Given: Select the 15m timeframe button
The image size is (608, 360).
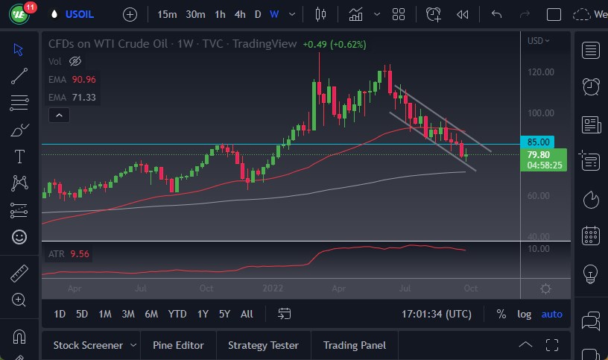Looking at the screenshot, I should [x=167, y=14].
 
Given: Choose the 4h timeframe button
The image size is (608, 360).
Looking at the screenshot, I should [x=239, y=14].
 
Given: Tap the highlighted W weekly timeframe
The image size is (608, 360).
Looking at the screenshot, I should [x=274, y=14].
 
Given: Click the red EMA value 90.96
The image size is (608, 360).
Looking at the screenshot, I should [x=84, y=78].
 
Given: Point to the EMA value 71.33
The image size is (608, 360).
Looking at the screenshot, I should [x=84, y=97].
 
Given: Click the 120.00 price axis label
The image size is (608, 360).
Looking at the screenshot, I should [x=540, y=72].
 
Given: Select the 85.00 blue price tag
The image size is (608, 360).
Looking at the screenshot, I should [x=539, y=142].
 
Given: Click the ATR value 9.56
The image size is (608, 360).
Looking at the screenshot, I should [x=80, y=254].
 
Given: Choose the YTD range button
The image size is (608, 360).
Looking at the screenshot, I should [x=177, y=315].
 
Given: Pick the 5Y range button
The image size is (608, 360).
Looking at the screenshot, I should [x=224, y=315].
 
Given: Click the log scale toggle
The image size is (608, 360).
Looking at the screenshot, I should [x=525, y=315].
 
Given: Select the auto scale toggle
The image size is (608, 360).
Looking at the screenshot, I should [x=552, y=315].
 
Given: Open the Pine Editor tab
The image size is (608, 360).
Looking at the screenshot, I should [x=178, y=345].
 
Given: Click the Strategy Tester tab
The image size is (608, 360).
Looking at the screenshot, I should [x=263, y=345].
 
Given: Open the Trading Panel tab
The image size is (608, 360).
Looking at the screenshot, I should [x=355, y=345].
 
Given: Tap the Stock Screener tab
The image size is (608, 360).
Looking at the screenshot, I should [x=87, y=345].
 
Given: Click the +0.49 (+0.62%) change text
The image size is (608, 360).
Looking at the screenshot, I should [x=335, y=44].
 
